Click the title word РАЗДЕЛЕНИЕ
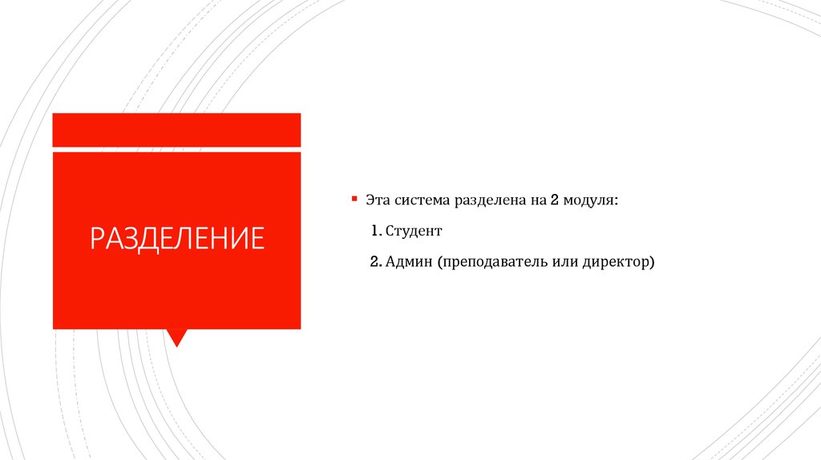[x=176, y=239]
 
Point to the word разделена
[x=490, y=200]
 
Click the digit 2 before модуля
[x=554, y=200]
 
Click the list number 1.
[x=376, y=231]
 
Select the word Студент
[x=413, y=231]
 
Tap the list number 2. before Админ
[x=377, y=262]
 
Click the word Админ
[x=408, y=262]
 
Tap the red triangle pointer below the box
[x=176, y=337]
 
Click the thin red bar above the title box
[x=176, y=130]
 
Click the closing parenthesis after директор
[x=653, y=263]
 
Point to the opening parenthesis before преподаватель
[x=440, y=263]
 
